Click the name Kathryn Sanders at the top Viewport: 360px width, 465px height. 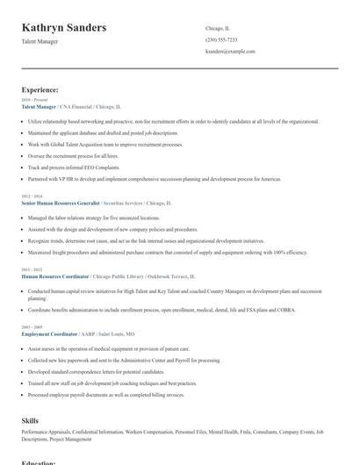tap(64, 28)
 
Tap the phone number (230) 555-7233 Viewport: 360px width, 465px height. tap(221, 39)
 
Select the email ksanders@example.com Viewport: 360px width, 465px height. tap(230, 52)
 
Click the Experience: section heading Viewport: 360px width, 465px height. tap(40, 89)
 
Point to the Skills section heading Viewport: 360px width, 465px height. tap(30, 421)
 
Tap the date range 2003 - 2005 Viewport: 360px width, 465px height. tap(32, 327)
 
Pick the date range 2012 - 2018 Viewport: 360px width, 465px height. tap(32, 195)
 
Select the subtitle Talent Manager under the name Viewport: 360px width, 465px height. tap(41, 42)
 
